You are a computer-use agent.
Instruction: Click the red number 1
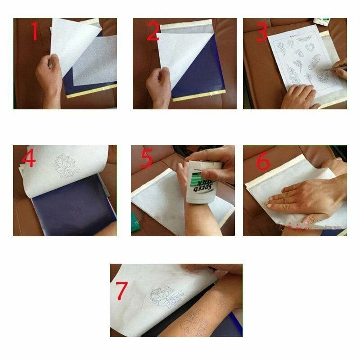(x=34, y=31)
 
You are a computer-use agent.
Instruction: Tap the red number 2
(x=153, y=31)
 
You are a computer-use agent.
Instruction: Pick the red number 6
(x=263, y=161)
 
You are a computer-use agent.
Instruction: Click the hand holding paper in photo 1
(x=49, y=74)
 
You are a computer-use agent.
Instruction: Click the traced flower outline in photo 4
(x=66, y=165)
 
